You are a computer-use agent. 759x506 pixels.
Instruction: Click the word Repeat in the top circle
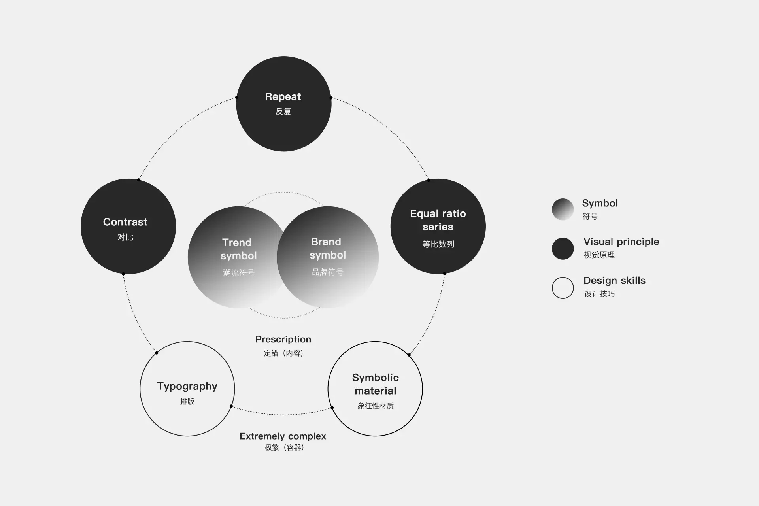point(283,97)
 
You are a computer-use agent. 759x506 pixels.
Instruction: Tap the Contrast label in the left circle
point(125,222)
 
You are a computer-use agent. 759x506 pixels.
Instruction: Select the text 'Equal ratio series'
point(438,220)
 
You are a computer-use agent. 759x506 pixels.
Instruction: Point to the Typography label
point(187,386)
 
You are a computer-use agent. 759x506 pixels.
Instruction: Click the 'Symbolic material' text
point(375,384)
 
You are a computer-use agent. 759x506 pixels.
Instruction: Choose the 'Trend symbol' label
point(238,249)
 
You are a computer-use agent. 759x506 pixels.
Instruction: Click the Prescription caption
point(283,339)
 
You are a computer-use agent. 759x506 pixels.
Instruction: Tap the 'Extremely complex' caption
point(283,436)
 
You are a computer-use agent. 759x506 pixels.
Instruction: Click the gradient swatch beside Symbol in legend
point(563,209)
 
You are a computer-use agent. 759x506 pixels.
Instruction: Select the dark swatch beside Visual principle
point(563,248)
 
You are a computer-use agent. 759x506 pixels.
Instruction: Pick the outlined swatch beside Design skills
point(563,287)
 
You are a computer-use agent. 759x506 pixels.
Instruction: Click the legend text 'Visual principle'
point(621,242)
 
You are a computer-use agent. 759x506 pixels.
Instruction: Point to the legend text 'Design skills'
point(614,281)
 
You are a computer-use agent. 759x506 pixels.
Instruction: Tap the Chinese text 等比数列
point(438,244)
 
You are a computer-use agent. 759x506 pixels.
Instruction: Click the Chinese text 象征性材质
point(375,406)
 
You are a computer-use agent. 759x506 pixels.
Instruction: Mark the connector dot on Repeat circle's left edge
point(237,97)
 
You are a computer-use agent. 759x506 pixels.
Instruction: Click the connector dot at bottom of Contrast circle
point(123,274)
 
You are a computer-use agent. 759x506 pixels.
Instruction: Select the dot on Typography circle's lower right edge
point(231,406)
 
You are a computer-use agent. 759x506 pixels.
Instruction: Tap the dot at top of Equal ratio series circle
point(429,180)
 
